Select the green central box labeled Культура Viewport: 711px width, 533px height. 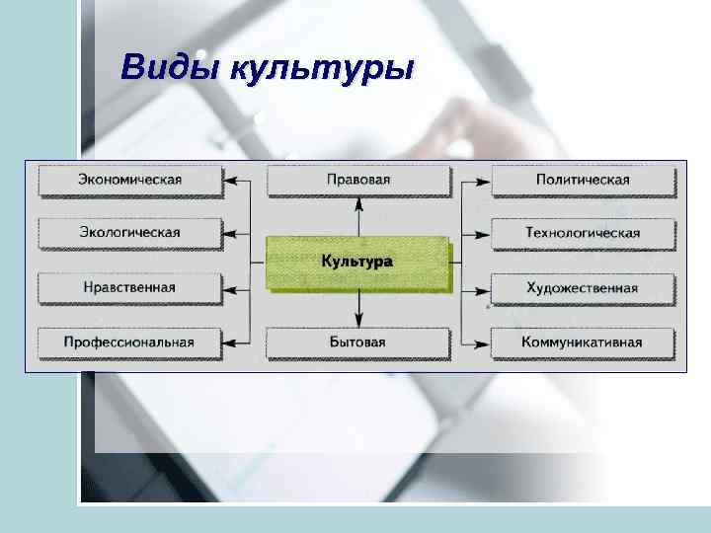[x=357, y=263]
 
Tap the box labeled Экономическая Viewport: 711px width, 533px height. [x=130, y=181]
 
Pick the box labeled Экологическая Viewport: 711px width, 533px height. [x=130, y=233]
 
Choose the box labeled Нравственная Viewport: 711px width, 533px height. [x=130, y=288]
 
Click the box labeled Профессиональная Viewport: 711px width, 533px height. [x=130, y=343]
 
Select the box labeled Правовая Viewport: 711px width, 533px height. [x=357, y=181]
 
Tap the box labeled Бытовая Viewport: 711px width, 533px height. [x=357, y=343]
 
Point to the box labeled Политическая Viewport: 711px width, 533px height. [x=583, y=181]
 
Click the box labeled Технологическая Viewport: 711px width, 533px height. [x=583, y=233]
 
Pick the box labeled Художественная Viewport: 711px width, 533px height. [x=583, y=288]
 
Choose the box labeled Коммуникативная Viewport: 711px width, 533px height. [x=583, y=343]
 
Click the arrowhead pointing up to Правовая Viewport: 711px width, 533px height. [x=359, y=202]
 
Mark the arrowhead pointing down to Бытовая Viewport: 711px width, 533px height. [x=359, y=321]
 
